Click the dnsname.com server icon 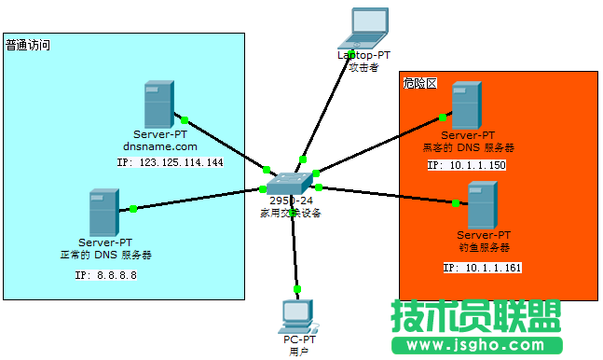(158, 104)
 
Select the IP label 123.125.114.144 (170, 162)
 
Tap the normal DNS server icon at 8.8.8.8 (103, 212)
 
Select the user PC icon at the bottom (298, 316)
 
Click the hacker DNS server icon (465, 104)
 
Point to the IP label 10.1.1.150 (466, 165)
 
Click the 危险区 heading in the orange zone (420, 83)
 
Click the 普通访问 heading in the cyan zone (28, 44)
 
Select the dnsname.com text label (160, 146)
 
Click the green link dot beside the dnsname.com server (185, 119)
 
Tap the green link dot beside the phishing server (456, 201)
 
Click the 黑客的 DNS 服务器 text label (468, 147)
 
